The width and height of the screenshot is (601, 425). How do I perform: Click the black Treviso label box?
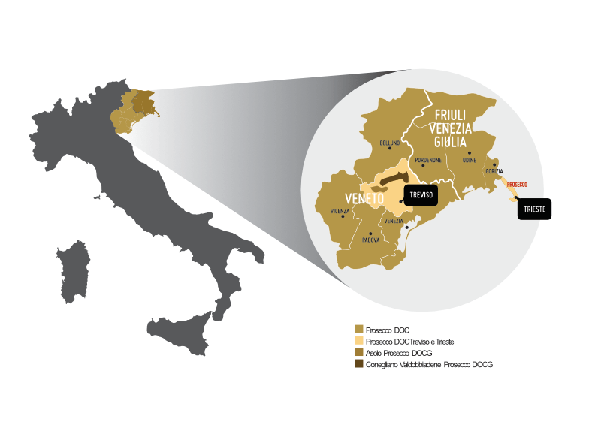420,194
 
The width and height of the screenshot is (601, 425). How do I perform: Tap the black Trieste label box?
534,209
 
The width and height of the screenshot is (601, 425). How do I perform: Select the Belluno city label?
390,143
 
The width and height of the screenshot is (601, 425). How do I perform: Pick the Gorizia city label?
494,171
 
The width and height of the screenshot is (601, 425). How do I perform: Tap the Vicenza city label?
340,211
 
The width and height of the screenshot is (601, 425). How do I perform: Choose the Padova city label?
370,240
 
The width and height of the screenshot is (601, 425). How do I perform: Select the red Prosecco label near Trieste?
518,184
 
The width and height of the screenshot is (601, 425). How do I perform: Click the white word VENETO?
364,199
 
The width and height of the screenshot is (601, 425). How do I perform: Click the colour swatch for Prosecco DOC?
359,330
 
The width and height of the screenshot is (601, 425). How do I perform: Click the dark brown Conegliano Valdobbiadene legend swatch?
359,363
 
